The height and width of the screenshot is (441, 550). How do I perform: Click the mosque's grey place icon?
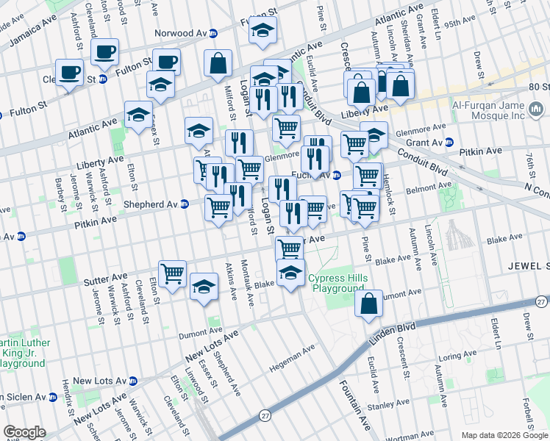pos(536,110)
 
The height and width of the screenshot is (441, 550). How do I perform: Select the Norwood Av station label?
pos(181,33)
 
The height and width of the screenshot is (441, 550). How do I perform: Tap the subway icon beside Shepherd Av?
pos(185,204)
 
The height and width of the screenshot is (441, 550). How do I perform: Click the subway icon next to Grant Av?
pos(449,142)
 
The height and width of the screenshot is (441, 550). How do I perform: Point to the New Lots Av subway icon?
pos(133,381)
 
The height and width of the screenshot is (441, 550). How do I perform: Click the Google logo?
pos(24,432)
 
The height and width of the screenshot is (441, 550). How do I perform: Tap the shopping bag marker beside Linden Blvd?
pos(370,303)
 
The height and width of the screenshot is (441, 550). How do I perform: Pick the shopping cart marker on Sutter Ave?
pos(173,273)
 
